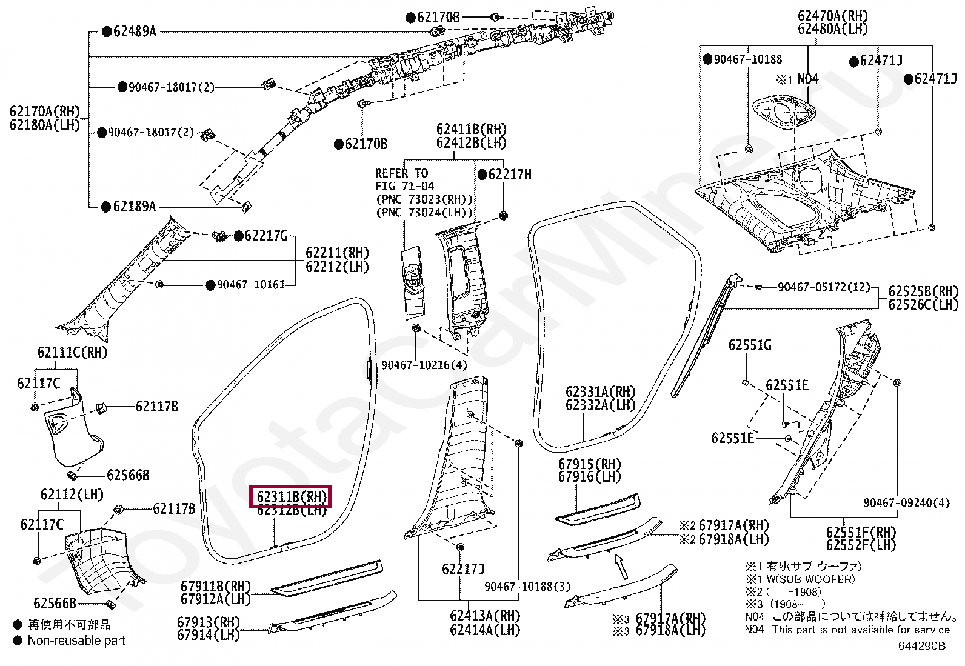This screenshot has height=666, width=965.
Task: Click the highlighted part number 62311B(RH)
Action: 291,497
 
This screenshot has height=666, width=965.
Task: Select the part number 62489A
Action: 135,32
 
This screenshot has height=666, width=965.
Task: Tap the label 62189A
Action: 135,207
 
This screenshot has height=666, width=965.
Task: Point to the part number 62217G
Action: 266,236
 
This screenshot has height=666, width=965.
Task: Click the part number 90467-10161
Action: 250,285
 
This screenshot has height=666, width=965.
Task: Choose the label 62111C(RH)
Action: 72,352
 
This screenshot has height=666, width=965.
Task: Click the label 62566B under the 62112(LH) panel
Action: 55,603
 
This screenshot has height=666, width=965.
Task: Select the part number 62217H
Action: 510,175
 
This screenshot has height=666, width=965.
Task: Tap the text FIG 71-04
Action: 404,186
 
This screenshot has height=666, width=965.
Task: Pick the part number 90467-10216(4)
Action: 424,365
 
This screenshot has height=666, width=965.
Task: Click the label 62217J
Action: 463,569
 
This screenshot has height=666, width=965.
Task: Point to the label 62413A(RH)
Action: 485,616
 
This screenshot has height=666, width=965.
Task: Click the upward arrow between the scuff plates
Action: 619,568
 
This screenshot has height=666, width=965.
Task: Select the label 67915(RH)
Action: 589,464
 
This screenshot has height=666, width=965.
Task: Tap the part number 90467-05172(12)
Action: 824,287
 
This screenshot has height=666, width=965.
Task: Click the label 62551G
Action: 750,345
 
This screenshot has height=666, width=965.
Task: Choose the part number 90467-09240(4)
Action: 907,502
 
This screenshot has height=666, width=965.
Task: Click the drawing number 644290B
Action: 921,646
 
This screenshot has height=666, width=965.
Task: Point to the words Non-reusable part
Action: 76,641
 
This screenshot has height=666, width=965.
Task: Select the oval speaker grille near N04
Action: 784,113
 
